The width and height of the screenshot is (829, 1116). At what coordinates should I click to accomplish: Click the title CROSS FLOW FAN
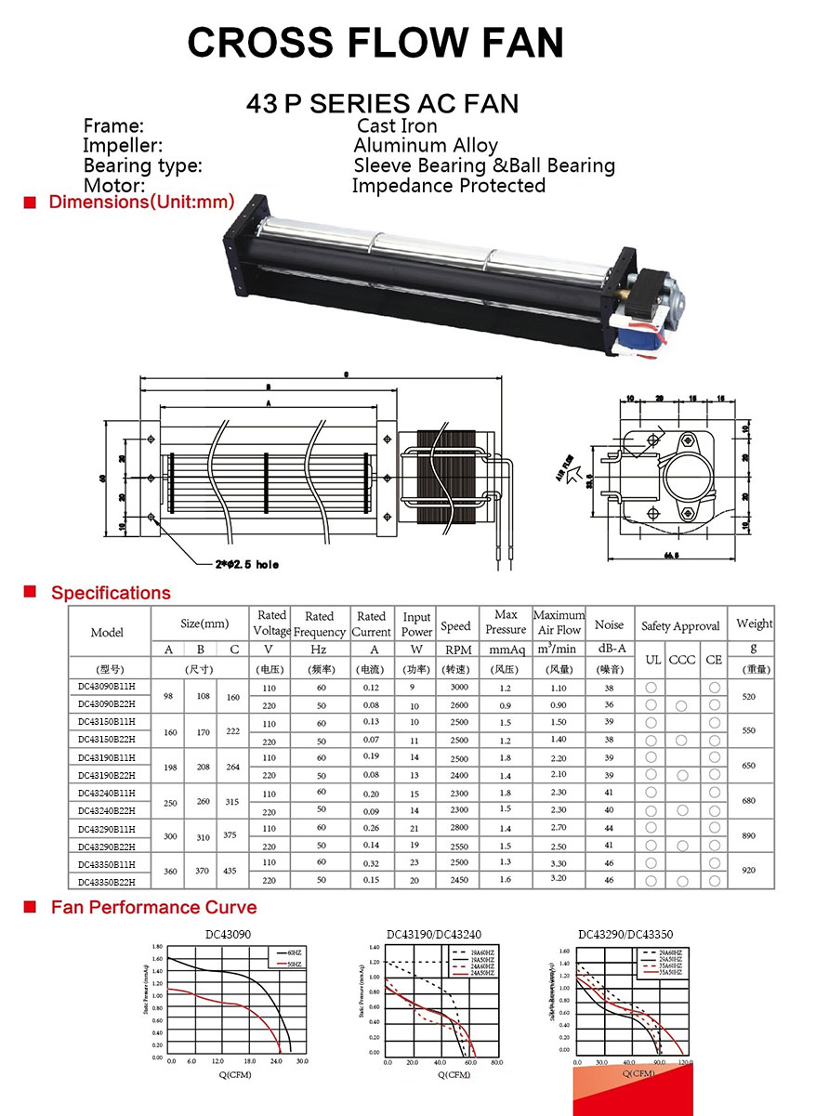pos(375,43)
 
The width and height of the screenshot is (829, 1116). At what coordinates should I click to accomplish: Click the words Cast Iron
pos(397,125)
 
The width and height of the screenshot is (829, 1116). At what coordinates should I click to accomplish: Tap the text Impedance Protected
pos(449,186)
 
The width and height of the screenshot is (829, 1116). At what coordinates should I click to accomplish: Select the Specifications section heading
pos(111,593)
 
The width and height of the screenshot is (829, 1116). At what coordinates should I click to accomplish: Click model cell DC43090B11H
pos(107,687)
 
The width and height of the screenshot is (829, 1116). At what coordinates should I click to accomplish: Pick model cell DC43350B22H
pos(107,882)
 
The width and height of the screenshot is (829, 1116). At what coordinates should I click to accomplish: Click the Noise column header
pos(609,625)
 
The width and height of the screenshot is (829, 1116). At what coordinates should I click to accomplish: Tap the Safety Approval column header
pos(681,626)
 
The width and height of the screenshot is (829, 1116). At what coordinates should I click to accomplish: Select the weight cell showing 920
pos(749,872)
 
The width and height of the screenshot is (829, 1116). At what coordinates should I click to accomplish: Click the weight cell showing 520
pos(749,695)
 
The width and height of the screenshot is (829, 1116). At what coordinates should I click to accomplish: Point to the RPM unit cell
pos(455,650)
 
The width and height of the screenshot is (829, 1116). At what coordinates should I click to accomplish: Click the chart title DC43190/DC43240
pos(434,934)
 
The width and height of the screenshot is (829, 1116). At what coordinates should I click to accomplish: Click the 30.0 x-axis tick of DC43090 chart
pos(302,1061)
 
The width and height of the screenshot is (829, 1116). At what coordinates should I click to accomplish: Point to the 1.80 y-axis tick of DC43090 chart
pos(157,946)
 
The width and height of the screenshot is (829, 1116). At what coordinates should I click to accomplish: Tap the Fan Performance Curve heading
pos(153,907)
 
